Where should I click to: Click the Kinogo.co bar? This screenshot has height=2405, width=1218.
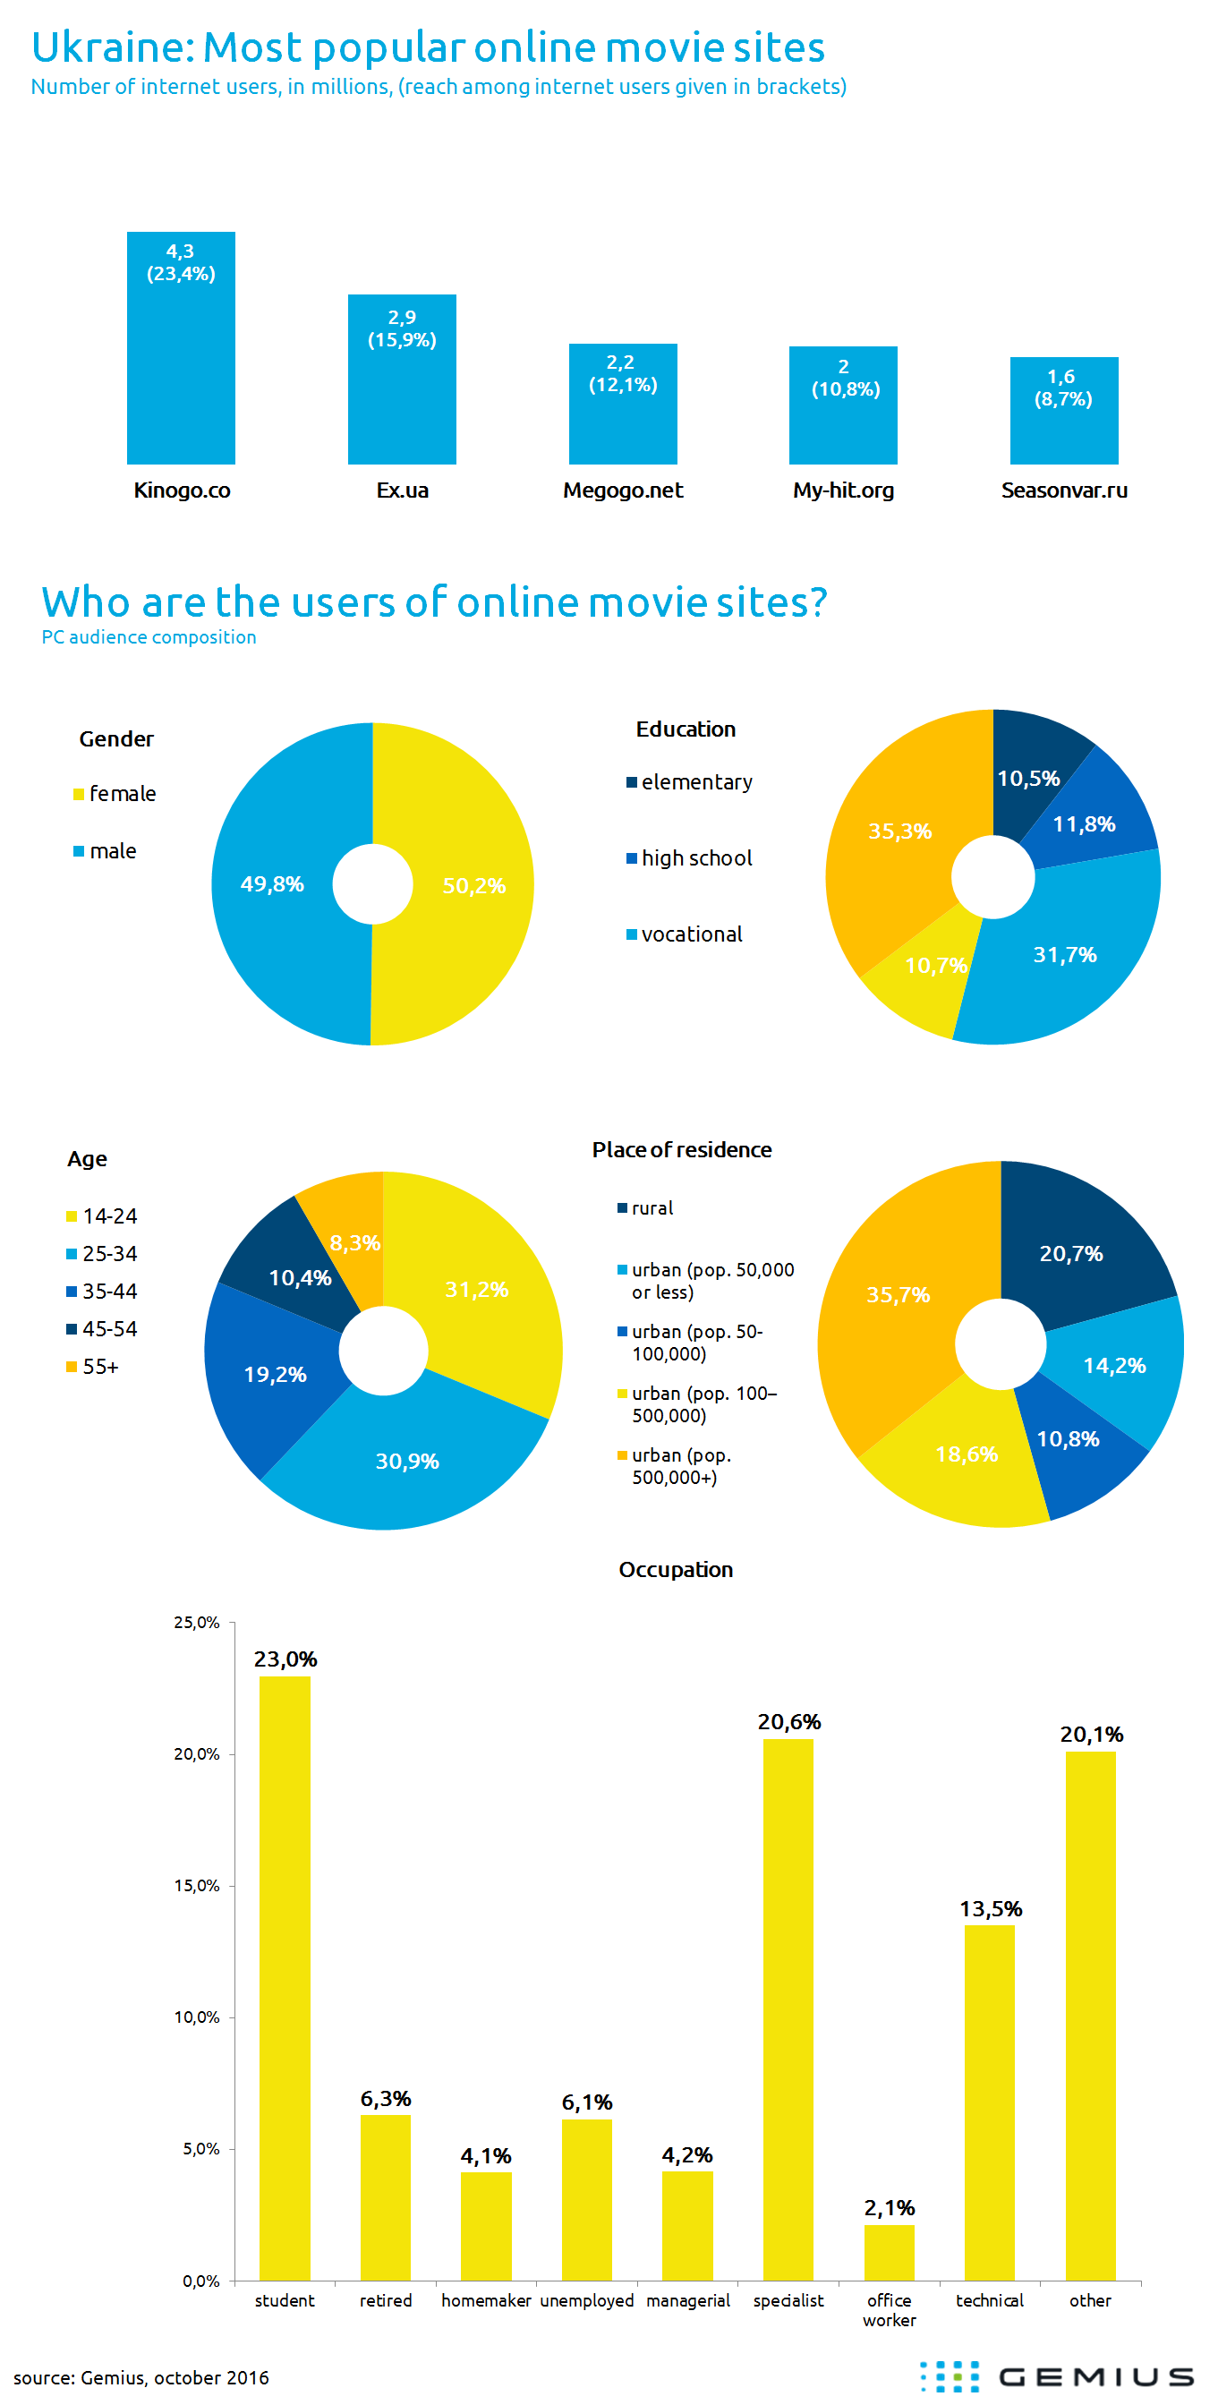[x=180, y=364]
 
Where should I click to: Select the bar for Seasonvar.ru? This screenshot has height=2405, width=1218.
[x=1063, y=420]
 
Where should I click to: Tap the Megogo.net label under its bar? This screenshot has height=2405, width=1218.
[x=623, y=490]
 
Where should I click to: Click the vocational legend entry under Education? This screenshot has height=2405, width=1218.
[x=691, y=934]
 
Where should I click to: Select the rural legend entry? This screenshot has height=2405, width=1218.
[x=652, y=1208]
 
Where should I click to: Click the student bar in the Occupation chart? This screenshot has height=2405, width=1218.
[x=285, y=1979]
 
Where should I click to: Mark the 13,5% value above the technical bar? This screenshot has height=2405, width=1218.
[x=991, y=1908]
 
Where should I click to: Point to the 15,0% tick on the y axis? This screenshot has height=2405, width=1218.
[x=196, y=1886]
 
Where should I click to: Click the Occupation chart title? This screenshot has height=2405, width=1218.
[x=676, y=1569]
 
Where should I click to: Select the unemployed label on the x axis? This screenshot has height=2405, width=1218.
[x=586, y=2300]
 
